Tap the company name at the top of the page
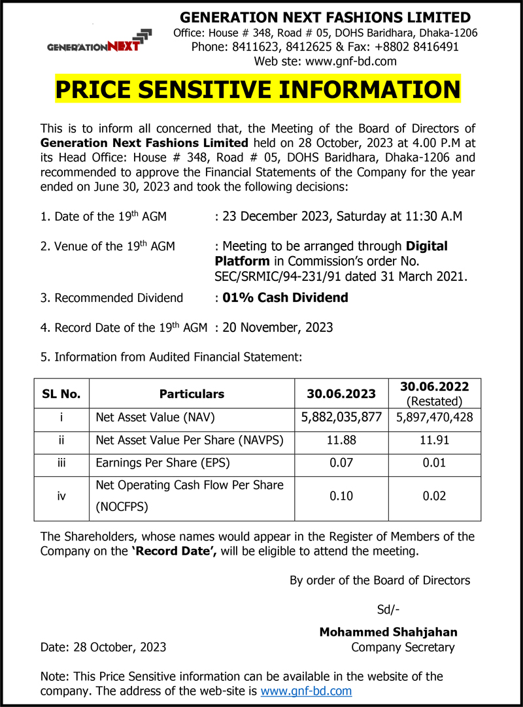pos(325,17)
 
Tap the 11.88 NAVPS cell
pos(341,440)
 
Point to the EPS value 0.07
pos(341,463)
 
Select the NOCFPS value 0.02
pos(434,496)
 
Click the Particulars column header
pos(192,394)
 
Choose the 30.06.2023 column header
pos(341,394)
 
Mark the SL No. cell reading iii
pos(61,463)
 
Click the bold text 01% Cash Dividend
pos(285,298)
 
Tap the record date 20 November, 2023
pos(278,327)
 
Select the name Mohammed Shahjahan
pos(388,632)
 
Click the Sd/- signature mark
pos(388,610)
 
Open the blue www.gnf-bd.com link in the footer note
pos(306,691)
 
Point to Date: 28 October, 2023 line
pos(103,648)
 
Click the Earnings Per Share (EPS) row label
pos(163,463)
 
